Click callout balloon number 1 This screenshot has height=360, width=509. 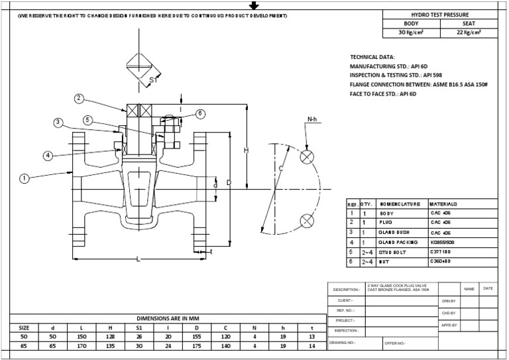[25, 178]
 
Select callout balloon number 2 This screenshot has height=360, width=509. [79, 99]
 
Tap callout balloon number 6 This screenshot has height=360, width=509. [201, 114]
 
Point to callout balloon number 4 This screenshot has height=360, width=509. [48, 156]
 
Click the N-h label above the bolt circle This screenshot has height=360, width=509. [313, 120]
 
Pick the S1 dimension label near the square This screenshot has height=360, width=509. [153, 80]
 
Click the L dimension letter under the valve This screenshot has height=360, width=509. [138, 259]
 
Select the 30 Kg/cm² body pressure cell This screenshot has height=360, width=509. [410, 32]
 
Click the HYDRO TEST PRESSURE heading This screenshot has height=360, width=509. [439, 14]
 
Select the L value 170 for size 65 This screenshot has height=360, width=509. [81, 345]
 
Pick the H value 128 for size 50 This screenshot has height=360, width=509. [111, 336]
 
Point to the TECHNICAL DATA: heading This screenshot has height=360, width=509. [372, 58]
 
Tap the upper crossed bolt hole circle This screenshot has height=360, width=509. [307, 157]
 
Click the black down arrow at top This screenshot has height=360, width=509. [253, 5]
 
